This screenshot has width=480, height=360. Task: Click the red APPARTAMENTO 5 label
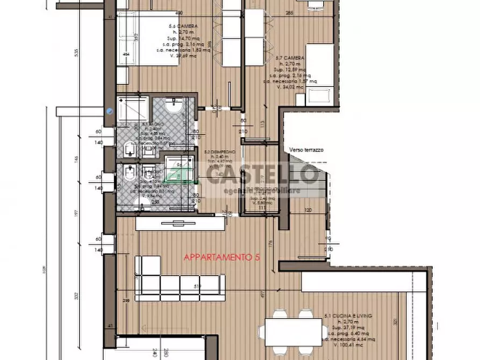[222, 258]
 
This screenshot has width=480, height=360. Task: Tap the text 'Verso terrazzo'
[306, 150]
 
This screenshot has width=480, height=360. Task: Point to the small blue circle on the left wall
[110, 111]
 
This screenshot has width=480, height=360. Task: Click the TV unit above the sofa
[177, 224]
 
